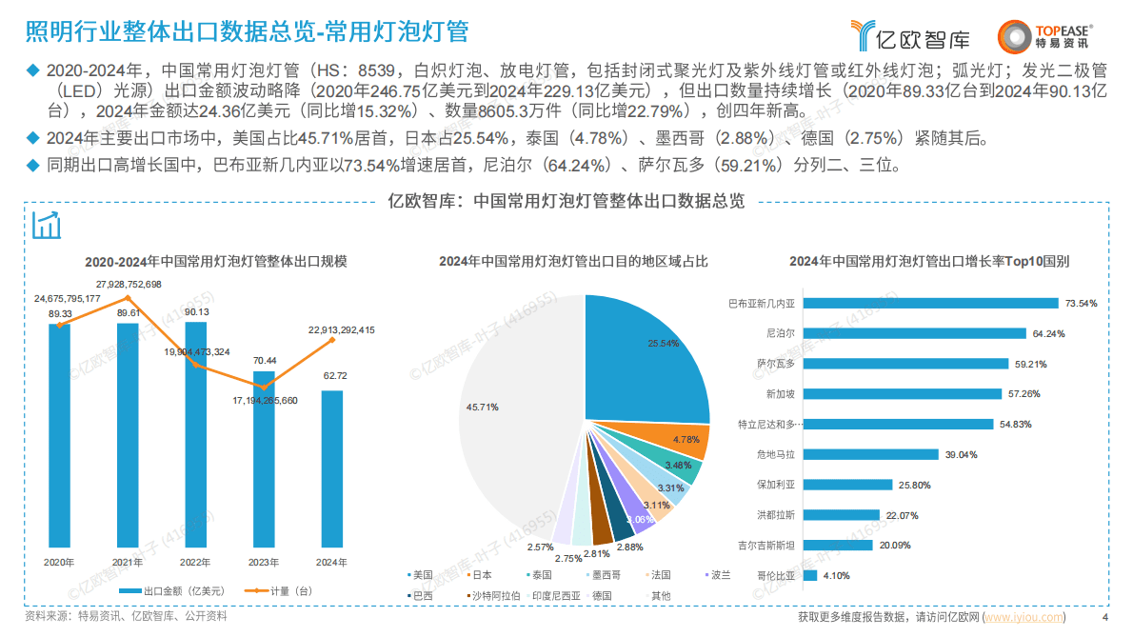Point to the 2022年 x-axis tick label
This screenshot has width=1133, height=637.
[x=195, y=562]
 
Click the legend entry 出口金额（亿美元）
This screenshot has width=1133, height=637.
[x=176, y=590]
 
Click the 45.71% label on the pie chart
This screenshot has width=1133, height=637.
[x=482, y=407]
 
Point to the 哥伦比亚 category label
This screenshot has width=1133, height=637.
[x=776, y=575]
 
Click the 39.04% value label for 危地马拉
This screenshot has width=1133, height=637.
[x=961, y=454]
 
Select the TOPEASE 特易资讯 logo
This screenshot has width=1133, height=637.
[x=1044, y=36]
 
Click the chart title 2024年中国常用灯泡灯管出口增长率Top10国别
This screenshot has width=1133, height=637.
[x=929, y=260]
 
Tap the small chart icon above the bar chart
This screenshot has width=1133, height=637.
[x=47, y=226]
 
